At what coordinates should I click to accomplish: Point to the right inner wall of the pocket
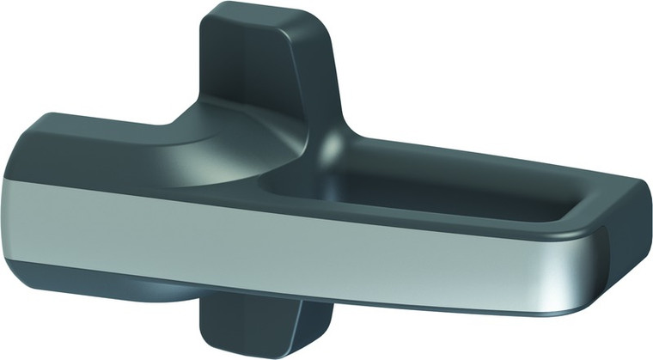tap(593, 193)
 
